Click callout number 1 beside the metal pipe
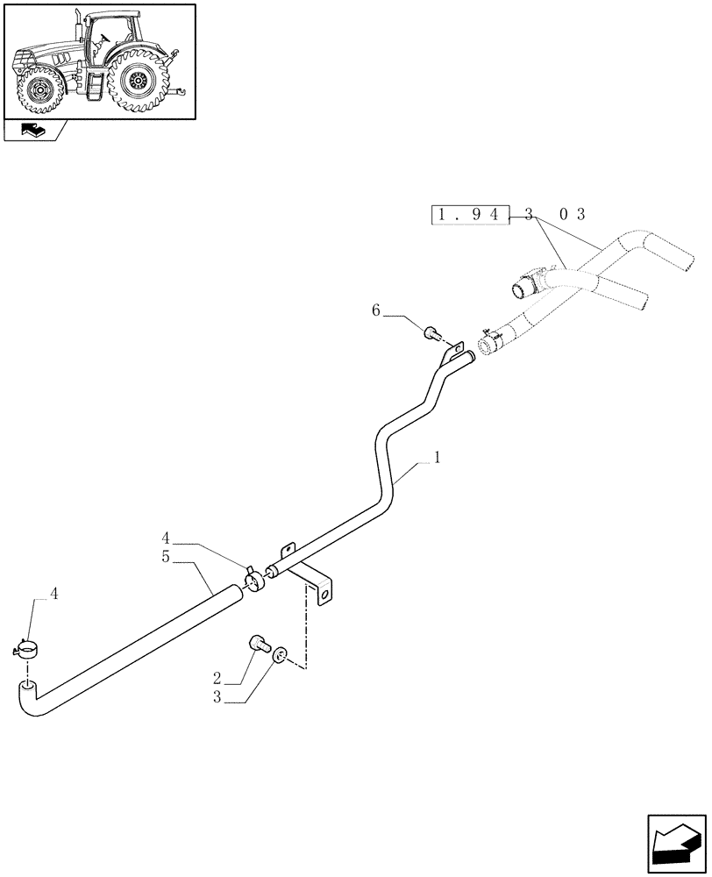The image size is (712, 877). pos(437,457)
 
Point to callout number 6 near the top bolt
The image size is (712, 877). pos(376,310)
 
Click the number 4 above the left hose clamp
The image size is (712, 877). pos(54,594)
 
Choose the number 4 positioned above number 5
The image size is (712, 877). pos(167,538)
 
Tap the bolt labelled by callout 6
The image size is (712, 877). pos(431,332)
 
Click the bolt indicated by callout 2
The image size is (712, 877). pos(259,644)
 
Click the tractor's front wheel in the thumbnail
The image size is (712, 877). pos(38,91)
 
